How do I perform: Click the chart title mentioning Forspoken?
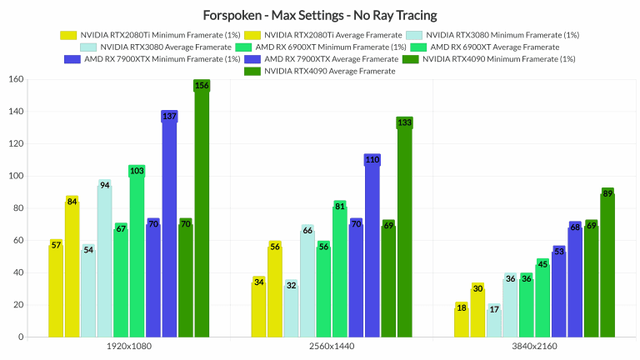point(320,15)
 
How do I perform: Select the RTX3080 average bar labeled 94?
point(104,258)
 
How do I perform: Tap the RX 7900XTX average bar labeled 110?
point(372,246)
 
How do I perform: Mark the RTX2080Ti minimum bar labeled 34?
point(258,307)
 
